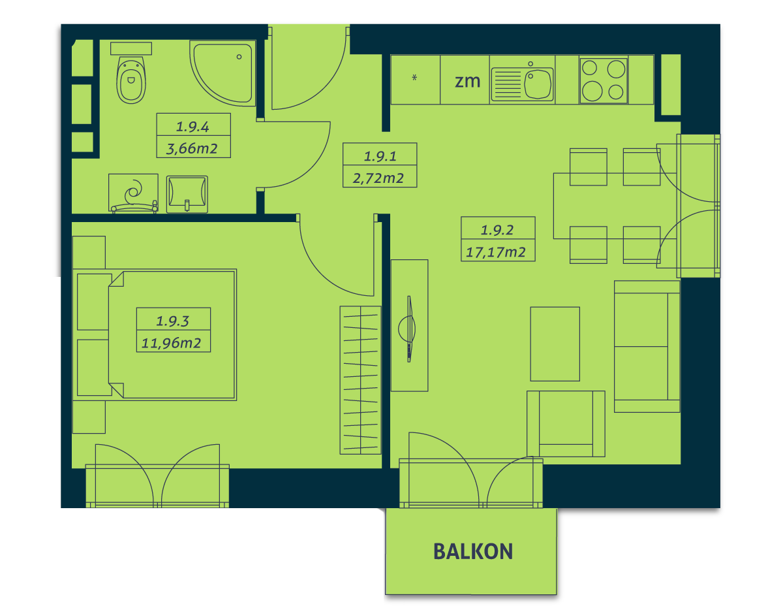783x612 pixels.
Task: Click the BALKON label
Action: tap(473, 551)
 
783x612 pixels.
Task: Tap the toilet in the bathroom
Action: tap(131, 79)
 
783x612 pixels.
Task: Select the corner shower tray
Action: tap(223, 73)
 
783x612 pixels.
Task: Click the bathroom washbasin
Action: tap(187, 194)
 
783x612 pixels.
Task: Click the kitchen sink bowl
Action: tap(538, 84)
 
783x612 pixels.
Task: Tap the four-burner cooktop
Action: tap(604, 80)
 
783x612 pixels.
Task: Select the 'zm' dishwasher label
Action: tap(467, 81)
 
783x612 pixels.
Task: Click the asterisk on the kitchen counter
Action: tap(414, 77)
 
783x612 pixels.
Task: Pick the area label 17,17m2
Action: tap(496, 252)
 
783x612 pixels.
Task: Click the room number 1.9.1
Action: tap(380, 156)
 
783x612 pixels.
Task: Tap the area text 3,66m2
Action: tap(192, 148)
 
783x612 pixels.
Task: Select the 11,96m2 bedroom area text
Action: tap(171, 343)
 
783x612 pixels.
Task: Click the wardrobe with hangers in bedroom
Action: tap(360, 380)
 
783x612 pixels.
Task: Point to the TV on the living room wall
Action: tap(409, 329)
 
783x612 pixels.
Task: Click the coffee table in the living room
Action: tap(555, 344)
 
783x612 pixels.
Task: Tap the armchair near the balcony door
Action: tap(566, 424)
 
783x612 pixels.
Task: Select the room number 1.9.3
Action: tap(172, 321)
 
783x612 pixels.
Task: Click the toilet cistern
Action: tap(131, 48)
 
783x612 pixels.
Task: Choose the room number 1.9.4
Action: tap(192, 127)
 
